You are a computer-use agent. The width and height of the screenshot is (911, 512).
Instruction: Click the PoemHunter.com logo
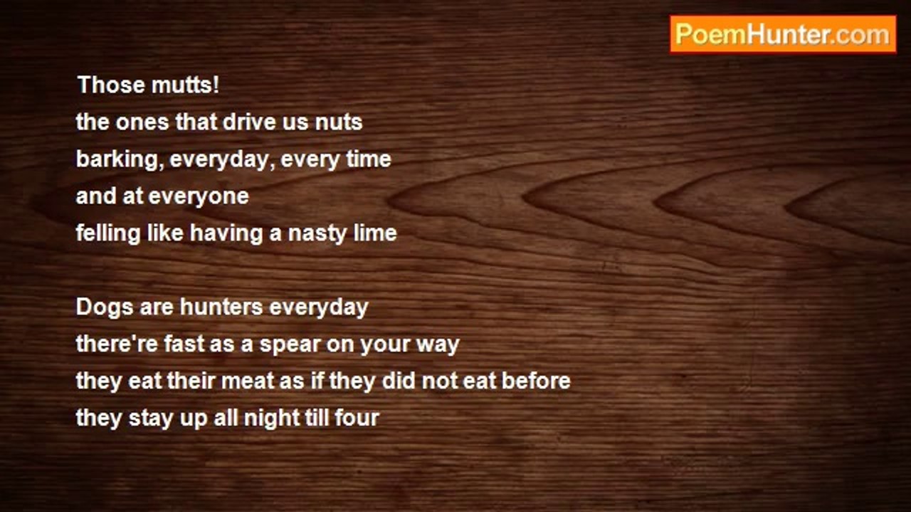783,35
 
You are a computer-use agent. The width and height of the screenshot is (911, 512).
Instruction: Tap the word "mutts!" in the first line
185,85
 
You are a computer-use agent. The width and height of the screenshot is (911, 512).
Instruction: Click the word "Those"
111,85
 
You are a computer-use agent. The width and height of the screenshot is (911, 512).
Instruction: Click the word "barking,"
120,159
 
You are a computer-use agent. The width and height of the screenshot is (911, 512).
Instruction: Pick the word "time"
369,159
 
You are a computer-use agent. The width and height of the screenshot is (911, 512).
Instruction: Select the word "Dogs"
105,307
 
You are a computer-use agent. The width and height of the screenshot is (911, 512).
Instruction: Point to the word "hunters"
221,306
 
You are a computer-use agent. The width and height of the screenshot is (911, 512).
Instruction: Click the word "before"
536,380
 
